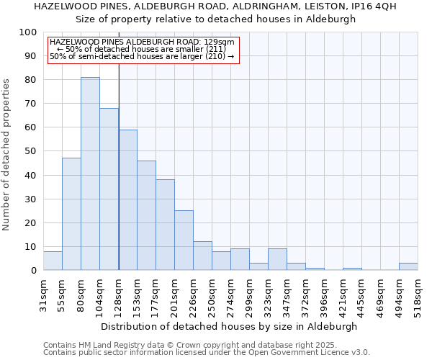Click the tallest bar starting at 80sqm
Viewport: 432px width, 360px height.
point(90,174)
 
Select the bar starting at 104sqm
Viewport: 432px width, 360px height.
point(109,189)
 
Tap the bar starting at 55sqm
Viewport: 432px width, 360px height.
point(71,214)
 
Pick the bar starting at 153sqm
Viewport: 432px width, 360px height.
point(146,215)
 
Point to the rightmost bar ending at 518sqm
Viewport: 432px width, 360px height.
point(408,266)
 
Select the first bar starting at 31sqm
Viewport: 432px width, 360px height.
point(53,261)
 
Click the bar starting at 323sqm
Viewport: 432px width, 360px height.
point(277,259)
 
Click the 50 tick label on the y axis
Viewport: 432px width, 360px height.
point(31,151)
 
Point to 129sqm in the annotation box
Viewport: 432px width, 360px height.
point(220,42)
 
